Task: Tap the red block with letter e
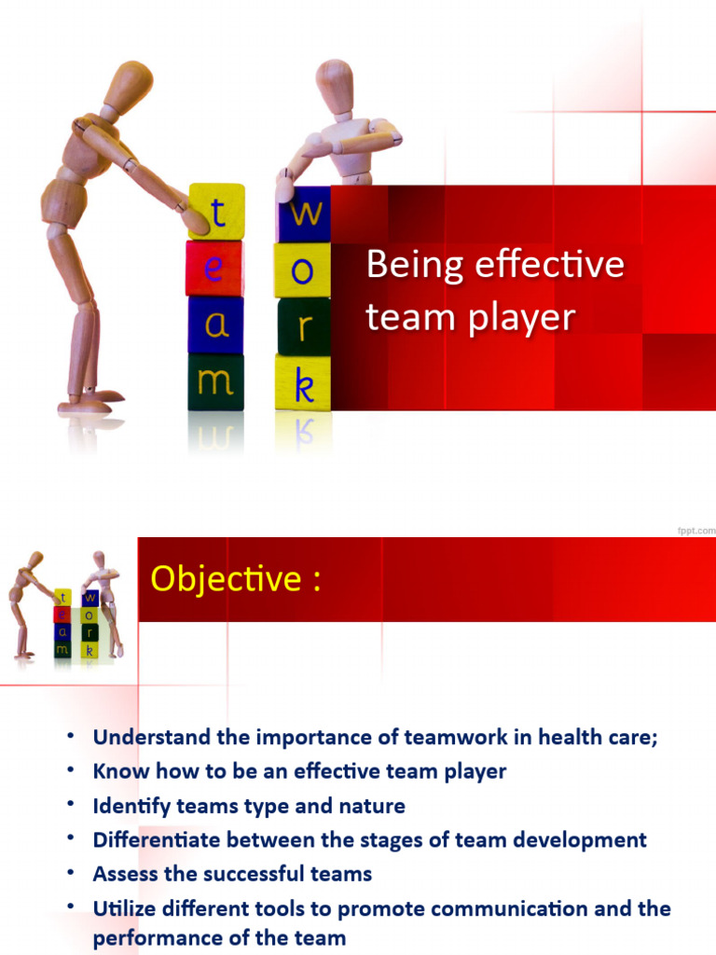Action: pos(214,269)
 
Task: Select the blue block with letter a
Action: pos(215,325)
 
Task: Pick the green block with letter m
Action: pos(215,381)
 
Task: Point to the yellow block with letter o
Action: pos(303,271)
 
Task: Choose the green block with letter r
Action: pos(304,327)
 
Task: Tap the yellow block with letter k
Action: pos(303,382)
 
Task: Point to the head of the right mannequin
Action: pos(334,81)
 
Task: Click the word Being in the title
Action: pos(414,265)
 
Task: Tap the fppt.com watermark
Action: pos(695,529)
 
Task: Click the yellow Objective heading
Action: pos(236,579)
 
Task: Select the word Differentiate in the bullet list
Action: pos(153,839)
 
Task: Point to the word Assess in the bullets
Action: pos(122,874)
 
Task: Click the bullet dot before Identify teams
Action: pos(70,804)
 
